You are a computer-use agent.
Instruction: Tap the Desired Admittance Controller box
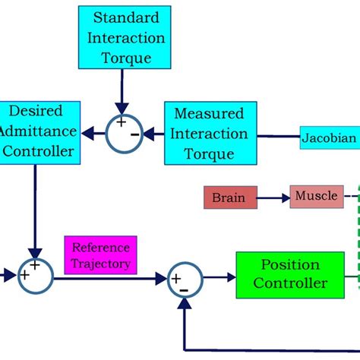tap(39, 131)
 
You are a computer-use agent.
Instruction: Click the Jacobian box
tap(330, 137)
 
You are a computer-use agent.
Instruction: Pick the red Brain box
tap(229, 197)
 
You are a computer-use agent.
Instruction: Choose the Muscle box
tap(316, 196)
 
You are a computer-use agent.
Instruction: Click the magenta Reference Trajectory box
tap(100, 255)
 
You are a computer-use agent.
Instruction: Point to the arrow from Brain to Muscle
tap(272, 198)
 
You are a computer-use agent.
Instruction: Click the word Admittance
tap(39, 131)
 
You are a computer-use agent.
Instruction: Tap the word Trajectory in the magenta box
tap(101, 264)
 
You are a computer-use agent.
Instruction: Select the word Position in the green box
tap(290, 265)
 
